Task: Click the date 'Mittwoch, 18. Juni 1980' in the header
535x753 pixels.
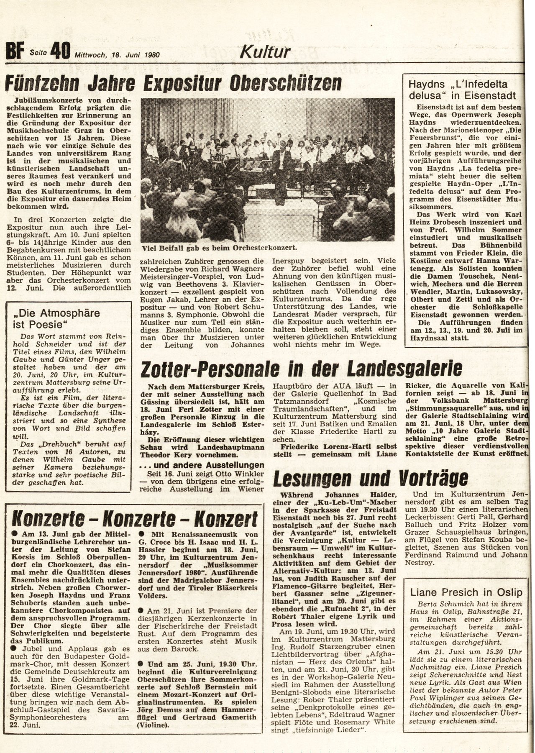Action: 118,54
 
